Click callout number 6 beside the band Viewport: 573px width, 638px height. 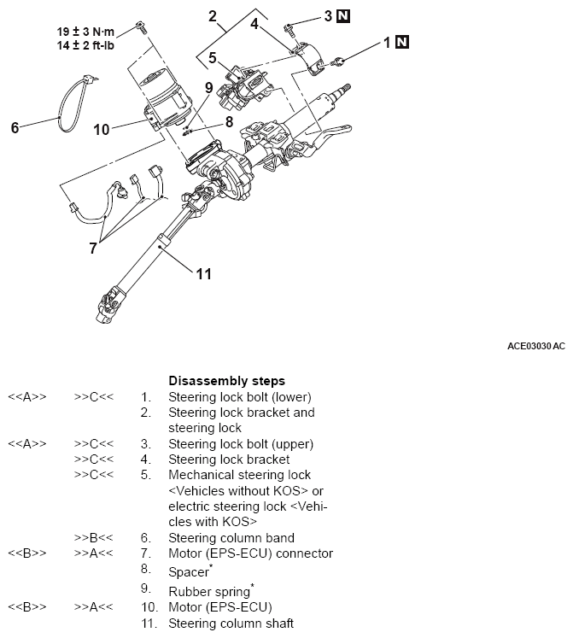point(15,128)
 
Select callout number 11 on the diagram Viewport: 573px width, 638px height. point(203,274)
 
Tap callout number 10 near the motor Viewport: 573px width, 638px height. point(102,130)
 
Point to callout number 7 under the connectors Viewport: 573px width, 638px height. point(94,249)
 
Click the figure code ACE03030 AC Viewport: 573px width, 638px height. point(535,346)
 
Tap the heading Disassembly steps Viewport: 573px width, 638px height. point(226,380)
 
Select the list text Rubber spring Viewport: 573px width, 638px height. point(209,590)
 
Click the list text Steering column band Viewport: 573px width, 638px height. point(231,538)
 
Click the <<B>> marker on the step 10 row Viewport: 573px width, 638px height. point(27,607)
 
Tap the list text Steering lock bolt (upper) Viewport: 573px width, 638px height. point(241,444)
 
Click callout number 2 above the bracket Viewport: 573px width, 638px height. point(213,16)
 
